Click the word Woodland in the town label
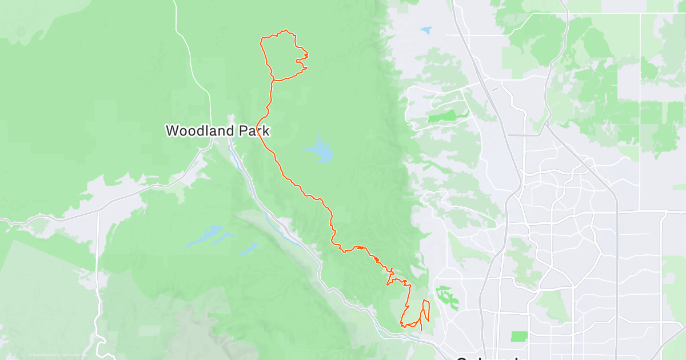(x=198, y=131)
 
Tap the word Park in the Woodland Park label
(x=250, y=131)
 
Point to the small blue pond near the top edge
(x=426, y=30)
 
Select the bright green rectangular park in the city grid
(x=519, y=336)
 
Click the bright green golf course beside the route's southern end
(x=448, y=297)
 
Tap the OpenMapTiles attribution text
(x=43, y=355)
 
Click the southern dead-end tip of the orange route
(x=421, y=330)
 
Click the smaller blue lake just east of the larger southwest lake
(x=247, y=248)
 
